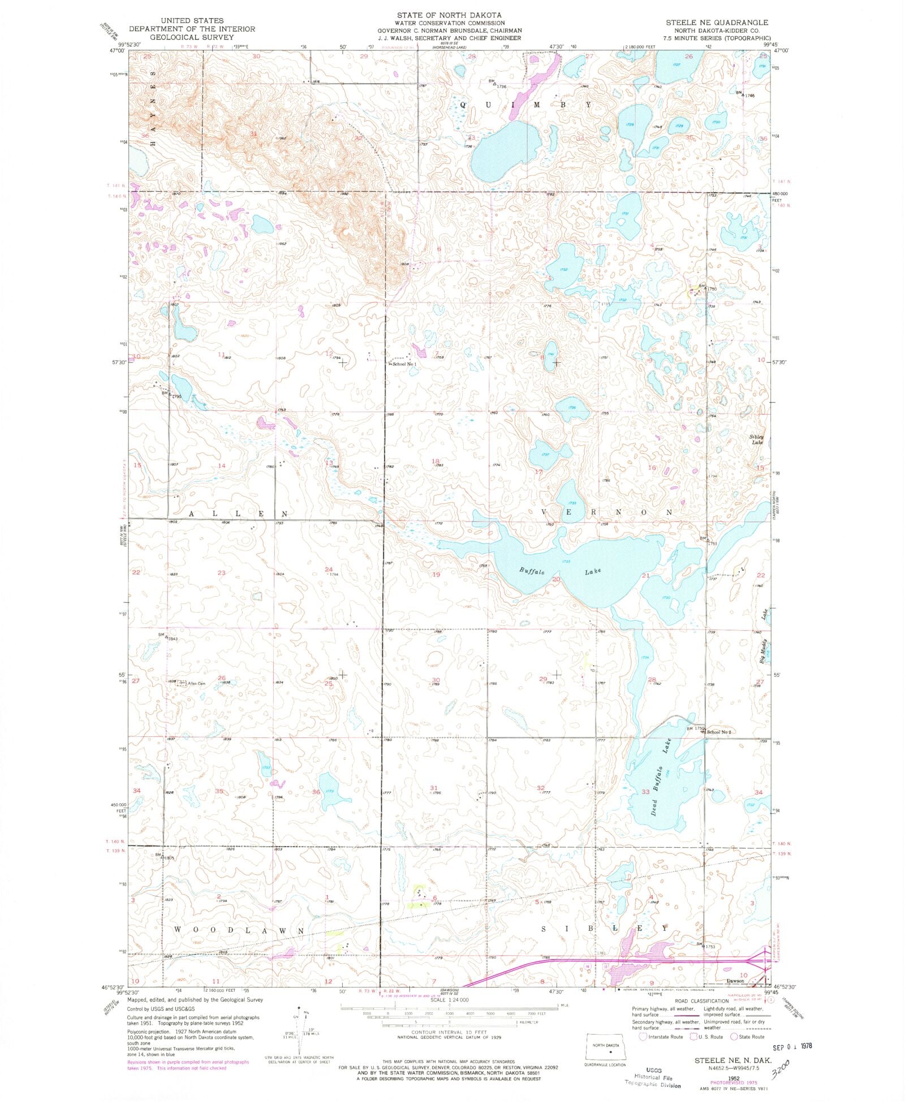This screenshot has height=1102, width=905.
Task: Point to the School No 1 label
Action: point(404,364)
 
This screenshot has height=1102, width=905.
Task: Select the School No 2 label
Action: point(719,732)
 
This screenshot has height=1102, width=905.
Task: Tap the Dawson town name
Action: point(735,980)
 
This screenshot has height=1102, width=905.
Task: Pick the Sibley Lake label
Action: point(757,439)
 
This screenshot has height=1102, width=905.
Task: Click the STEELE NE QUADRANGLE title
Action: point(717,23)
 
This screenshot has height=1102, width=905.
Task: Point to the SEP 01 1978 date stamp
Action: point(791,1046)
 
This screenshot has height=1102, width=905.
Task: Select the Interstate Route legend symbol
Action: point(643,1036)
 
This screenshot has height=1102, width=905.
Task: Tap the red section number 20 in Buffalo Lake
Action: point(555,579)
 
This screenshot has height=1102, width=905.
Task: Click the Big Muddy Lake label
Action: point(764,639)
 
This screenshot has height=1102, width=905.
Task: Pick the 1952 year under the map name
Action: point(736,1078)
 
